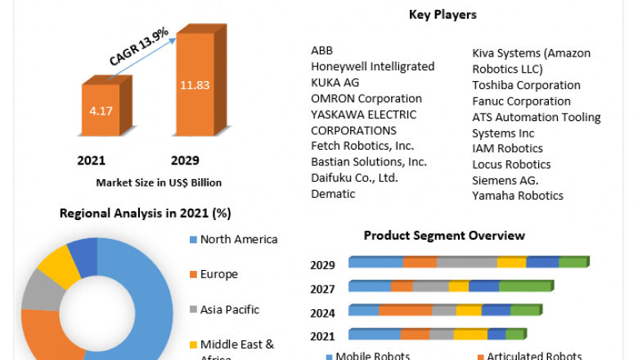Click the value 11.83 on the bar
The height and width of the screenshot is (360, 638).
195,83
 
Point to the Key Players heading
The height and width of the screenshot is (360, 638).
442,15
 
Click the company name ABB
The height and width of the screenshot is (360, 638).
321,51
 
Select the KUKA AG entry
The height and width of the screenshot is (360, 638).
335,83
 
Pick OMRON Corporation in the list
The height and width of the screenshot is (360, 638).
366,98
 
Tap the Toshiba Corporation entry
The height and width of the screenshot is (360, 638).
526,85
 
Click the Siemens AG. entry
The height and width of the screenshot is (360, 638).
505,180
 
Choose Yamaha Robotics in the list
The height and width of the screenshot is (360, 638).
518,196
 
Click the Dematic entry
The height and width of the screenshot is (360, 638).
333,194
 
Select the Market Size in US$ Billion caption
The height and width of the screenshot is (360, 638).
159,182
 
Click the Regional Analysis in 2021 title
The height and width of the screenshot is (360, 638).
146,214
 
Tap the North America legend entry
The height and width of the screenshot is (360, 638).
238,240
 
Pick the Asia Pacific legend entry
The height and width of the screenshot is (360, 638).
229,309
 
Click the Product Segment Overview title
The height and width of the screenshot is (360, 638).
443,236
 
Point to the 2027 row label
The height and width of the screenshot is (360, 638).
322,288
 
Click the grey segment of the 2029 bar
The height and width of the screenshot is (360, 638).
466,262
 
